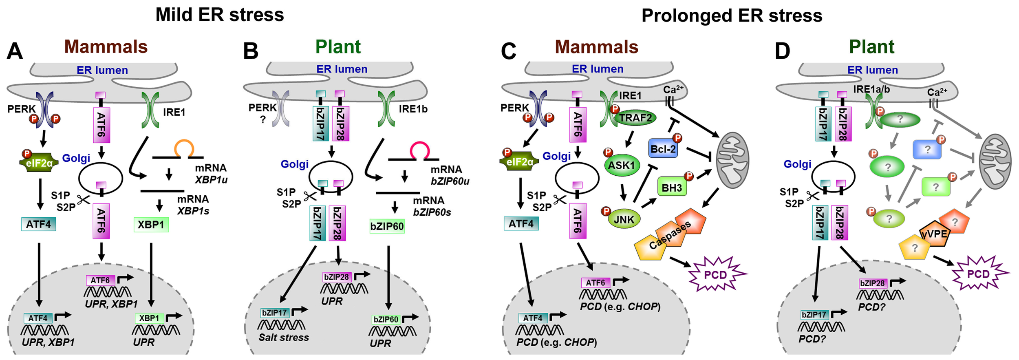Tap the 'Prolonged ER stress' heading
coord(732,16)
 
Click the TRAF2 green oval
coord(635,118)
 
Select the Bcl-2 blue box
coord(663,149)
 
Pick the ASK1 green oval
coord(621,165)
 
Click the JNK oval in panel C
coord(624,219)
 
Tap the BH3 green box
coord(672,188)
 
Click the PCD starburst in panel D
coord(978,274)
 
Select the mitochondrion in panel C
coord(733,160)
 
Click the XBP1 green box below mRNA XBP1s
coord(151,225)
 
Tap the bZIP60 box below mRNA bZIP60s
coord(387,227)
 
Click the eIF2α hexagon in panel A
coord(39,163)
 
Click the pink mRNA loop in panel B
coord(419,150)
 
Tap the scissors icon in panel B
coord(309,197)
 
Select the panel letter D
coord(782,52)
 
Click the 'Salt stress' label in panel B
coord(284,338)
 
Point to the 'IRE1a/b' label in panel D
coord(871,89)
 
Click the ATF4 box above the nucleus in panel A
coord(38,224)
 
